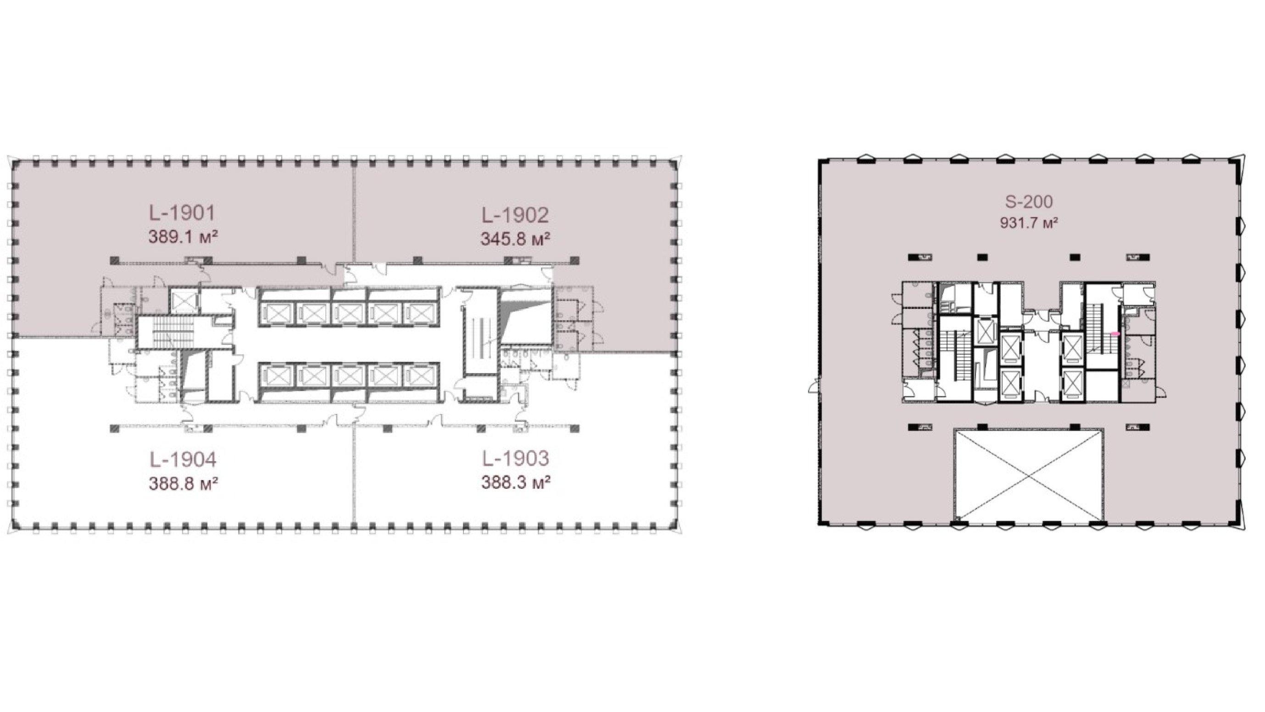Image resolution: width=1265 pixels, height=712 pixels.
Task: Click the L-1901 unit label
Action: tap(182, 213)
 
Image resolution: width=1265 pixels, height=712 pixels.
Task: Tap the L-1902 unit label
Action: tap(515, 215)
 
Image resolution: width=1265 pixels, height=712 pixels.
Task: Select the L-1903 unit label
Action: tap(515, 459)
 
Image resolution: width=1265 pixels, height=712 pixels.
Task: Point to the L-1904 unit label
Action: tap(183, 460)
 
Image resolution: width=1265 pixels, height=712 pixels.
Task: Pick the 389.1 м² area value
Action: tap(183, 237)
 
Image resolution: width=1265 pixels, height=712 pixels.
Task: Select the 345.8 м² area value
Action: tap(515, 239)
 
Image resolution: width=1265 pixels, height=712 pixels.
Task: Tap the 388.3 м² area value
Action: tap(515, 482)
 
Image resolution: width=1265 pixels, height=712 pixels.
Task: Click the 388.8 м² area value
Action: tap(183, 484)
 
